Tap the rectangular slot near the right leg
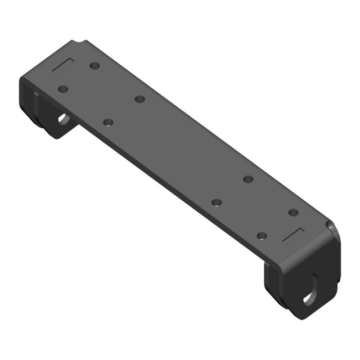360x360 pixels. coord(293,234)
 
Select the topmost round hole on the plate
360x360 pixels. coord(94,66)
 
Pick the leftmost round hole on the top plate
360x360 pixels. coord(63,89)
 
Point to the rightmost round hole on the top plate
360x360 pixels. coord(293,212)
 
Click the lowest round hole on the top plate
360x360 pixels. coord(262,235)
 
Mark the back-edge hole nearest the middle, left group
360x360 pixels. coord(139,99)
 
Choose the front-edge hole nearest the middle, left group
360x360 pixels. coord(108,122)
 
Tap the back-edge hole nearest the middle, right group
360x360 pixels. coord(248,179)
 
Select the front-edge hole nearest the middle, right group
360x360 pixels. coord(217,202)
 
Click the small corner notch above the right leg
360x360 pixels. coord(332,225)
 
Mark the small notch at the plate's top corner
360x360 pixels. coord(81,43)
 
